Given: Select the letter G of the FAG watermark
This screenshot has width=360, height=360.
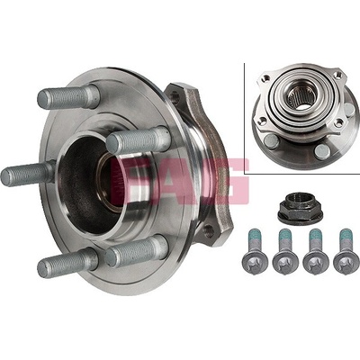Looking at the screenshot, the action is [x=226, y=182].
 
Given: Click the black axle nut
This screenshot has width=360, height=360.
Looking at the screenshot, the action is [x=301, y=208].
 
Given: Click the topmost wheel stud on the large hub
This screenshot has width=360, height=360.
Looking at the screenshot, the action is [x=68, y=96].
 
